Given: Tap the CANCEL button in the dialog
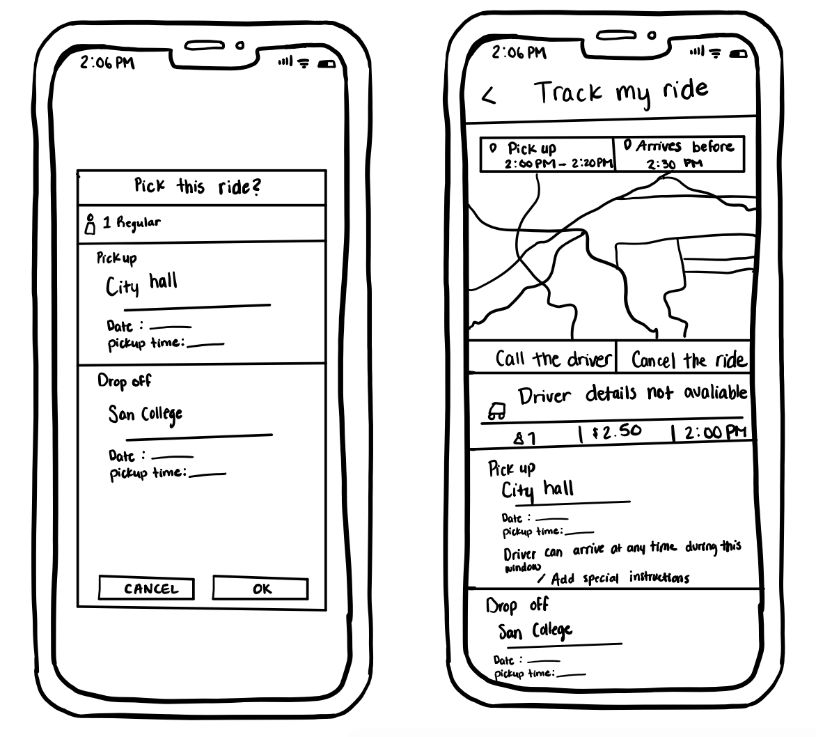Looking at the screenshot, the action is [x=150, y=589].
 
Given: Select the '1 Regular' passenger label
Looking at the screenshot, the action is [x=123, y=223].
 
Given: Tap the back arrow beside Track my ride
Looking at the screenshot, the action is [x=489, y=97].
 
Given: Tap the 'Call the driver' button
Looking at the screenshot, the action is [x=544, y=359].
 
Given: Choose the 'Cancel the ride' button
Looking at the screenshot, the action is [x=688, y=360].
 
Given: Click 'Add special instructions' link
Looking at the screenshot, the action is [x=613, y=578].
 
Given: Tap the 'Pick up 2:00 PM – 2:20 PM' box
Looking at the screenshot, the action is [x=547, y=155].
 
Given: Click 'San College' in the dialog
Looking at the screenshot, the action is [x=146, y=414].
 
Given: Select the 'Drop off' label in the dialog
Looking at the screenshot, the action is [x=124, y=381].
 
